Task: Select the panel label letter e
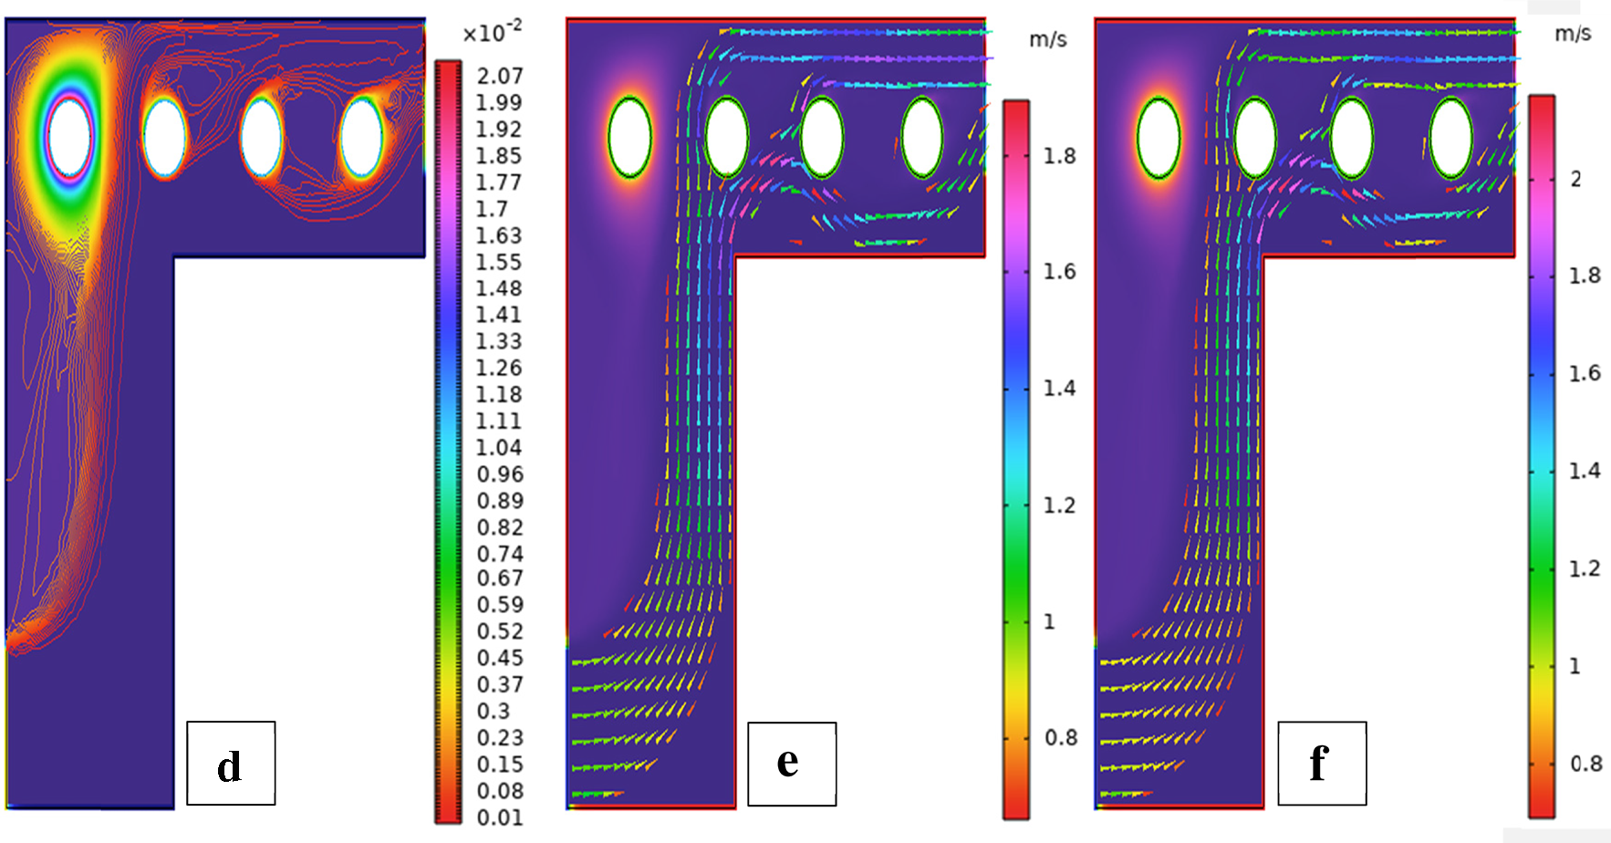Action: pyautogui.click(x=788, y=762)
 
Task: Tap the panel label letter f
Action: pyautogui.click(x=1319, y=763)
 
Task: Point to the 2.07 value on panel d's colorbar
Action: pyautogui.click(x=500, y=76)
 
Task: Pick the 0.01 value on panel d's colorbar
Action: pyautogui.click(x=500, y=817)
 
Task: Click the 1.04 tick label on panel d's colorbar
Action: pyautogui.click(x=500, y=447)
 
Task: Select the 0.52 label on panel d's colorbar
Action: pyautogui.click(x=500, y=631)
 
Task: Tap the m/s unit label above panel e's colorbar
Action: pyautogui.click(x=1048, y=39)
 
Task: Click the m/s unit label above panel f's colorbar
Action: pyautogui.click(x=1574, y=34)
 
